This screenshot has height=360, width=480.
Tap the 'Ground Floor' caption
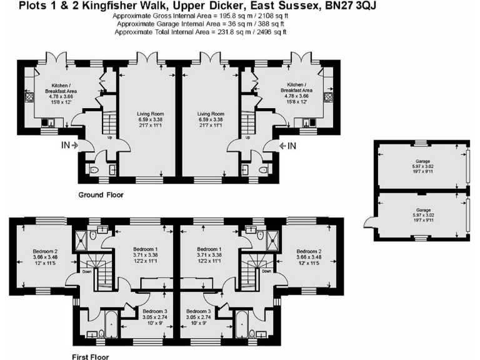pyautogui.click(x=101, y=195)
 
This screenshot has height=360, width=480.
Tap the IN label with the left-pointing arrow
pyautogui.click(x=288, y=146)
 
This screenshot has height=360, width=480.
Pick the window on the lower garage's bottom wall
pyautogui.click(x=422, y=238)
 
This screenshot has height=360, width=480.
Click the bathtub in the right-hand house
pyautogui.click(x=239, y=326)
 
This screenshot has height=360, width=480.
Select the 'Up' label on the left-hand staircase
pyautogui.click(x=111, y=137)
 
